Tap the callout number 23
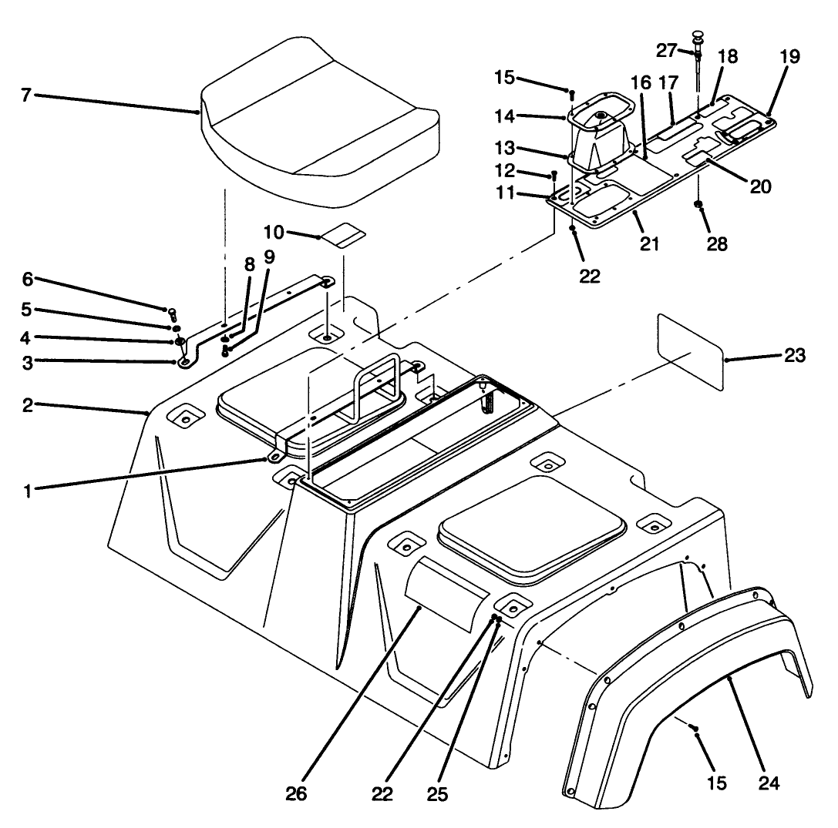tap(794, 356)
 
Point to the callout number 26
tap(295, 793)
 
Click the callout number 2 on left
tap(28, 406)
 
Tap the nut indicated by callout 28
tap(698, 206)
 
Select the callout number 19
tap(789, 56)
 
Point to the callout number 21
tap(649, 244)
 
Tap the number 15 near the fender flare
tap(715, 783)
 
